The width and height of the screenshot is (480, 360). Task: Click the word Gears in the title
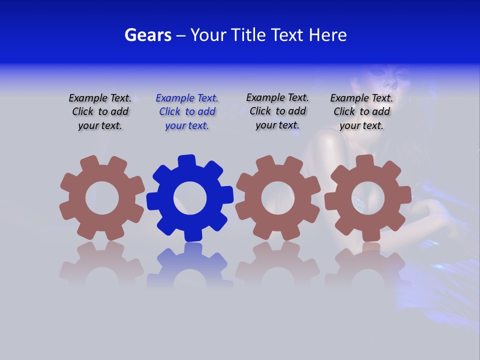pos(147,35)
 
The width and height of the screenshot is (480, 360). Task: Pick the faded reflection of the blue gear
pos(190,267)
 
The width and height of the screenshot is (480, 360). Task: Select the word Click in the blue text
pos(170,111)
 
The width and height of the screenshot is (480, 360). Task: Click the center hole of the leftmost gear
pos(102,198)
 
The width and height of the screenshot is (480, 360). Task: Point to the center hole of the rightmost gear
pos(367,198)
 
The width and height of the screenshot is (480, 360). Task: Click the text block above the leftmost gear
pos(100,111)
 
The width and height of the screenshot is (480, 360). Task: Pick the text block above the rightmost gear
pos(361,111)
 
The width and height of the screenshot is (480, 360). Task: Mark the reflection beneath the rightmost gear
pos(367,267)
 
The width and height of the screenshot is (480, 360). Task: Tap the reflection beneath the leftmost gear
pos(102,267)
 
